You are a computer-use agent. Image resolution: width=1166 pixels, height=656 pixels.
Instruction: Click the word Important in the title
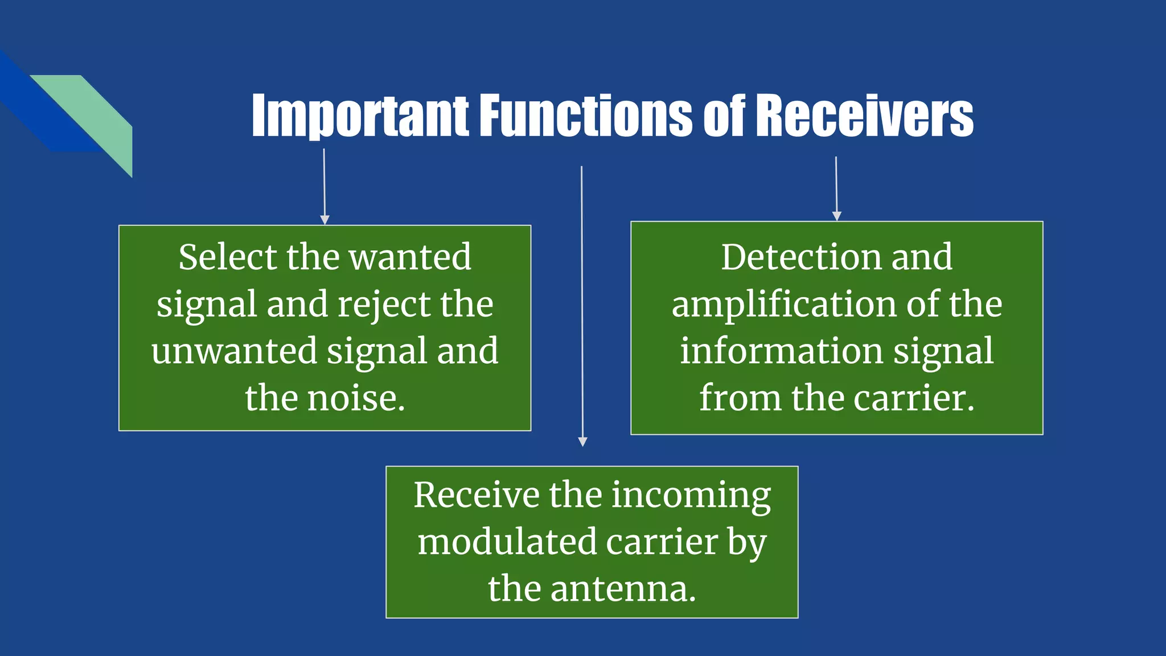click(360, 117)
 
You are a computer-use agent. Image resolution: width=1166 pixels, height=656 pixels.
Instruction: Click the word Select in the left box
click(227, 257)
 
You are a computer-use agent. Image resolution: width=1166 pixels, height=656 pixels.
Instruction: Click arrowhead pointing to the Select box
click(325, 220)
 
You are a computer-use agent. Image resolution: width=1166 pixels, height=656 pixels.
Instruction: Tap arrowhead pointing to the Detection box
click(836, 216)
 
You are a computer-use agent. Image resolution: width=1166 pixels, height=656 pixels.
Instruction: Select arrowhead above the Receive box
click(582, 441)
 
